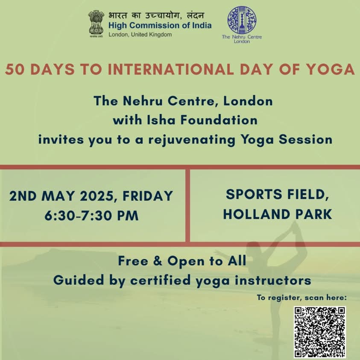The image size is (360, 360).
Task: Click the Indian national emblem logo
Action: (x=96, y=24)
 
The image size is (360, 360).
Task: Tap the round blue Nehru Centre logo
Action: (x=242, y=20)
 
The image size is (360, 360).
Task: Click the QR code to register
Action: (x=320, y=332)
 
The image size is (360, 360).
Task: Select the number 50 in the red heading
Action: (x=15, y=69)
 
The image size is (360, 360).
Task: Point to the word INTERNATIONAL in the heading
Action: (x=171, y=69)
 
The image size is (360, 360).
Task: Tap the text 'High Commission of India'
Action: (x=160, y=25)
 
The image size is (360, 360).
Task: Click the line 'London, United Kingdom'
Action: (x=140, y=35)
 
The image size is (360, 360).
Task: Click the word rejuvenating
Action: (x=192, y=140)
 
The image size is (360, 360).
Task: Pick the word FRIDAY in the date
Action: (x=148, y=196)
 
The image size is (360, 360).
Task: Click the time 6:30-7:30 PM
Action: (x=92, y=216)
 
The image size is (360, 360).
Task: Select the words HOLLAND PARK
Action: (x=278, y=214)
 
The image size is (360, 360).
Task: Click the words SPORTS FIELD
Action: (x=277, y=194)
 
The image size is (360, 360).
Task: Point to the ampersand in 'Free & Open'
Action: (x=158, y=261)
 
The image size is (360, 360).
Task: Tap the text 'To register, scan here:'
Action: (x=301, y=298)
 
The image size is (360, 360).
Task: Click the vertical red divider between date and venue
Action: (x=187, y=205)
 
